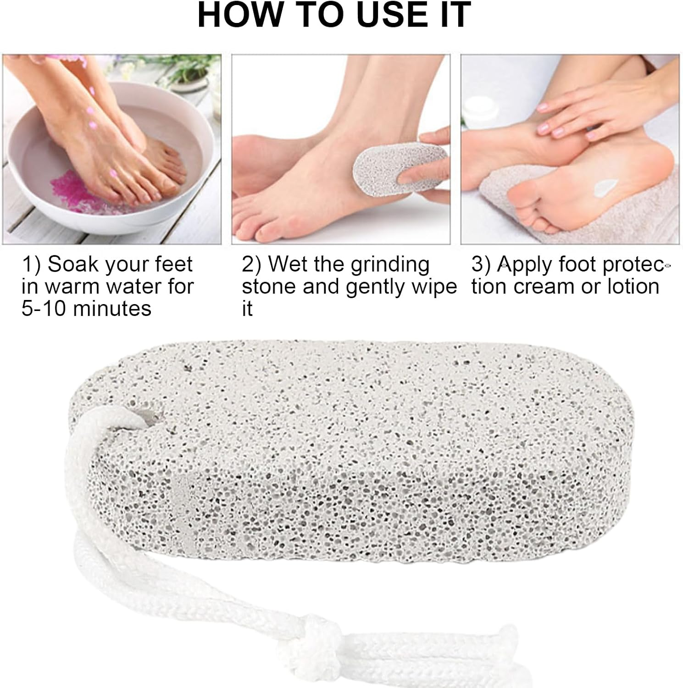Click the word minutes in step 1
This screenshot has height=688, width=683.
click(x=112, y=308)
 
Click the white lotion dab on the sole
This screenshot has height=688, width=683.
click(x=606, y=187)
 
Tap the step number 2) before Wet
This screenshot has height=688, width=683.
click(x=251, y=265)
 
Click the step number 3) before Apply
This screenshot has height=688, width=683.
click(x=481, y=265)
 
